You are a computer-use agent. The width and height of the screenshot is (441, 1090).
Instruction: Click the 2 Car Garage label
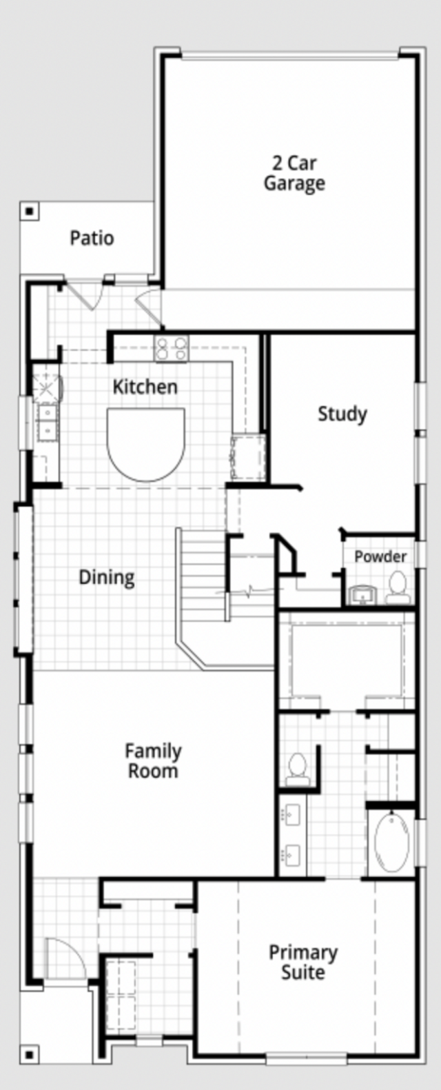tap(294, 174)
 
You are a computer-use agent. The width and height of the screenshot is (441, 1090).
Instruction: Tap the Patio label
tap(92, 238)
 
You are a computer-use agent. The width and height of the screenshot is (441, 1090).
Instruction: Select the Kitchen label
tap(145, 387)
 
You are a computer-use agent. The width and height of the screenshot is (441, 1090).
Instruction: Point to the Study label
tap(342, 414)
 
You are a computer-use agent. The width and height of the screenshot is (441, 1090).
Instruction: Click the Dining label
tap(107, 577)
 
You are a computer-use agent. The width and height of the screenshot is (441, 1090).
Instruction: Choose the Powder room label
tap(380, 556)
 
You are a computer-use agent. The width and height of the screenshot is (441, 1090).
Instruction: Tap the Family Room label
tap(153, 761)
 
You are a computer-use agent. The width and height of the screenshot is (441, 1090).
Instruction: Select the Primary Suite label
tap(303, 962)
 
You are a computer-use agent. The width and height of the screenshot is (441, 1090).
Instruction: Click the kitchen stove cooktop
tap(171, 349)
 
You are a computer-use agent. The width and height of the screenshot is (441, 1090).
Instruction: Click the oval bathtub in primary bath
tap(392, 842)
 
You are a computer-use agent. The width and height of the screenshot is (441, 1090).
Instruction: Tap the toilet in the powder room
tap(398, 588)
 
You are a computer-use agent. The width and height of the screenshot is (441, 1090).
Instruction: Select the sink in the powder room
tap(362, 596)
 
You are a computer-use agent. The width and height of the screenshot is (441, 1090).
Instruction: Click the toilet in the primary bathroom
tap(297, 769)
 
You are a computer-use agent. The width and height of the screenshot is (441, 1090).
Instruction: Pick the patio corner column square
tap(30, 211)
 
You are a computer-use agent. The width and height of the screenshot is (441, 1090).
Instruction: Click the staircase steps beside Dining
tap(203, 575)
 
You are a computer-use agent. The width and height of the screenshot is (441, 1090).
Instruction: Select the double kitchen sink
tap(48, 421)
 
